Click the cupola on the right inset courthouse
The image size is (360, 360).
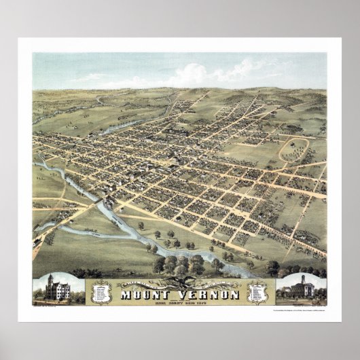click(302, 279)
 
